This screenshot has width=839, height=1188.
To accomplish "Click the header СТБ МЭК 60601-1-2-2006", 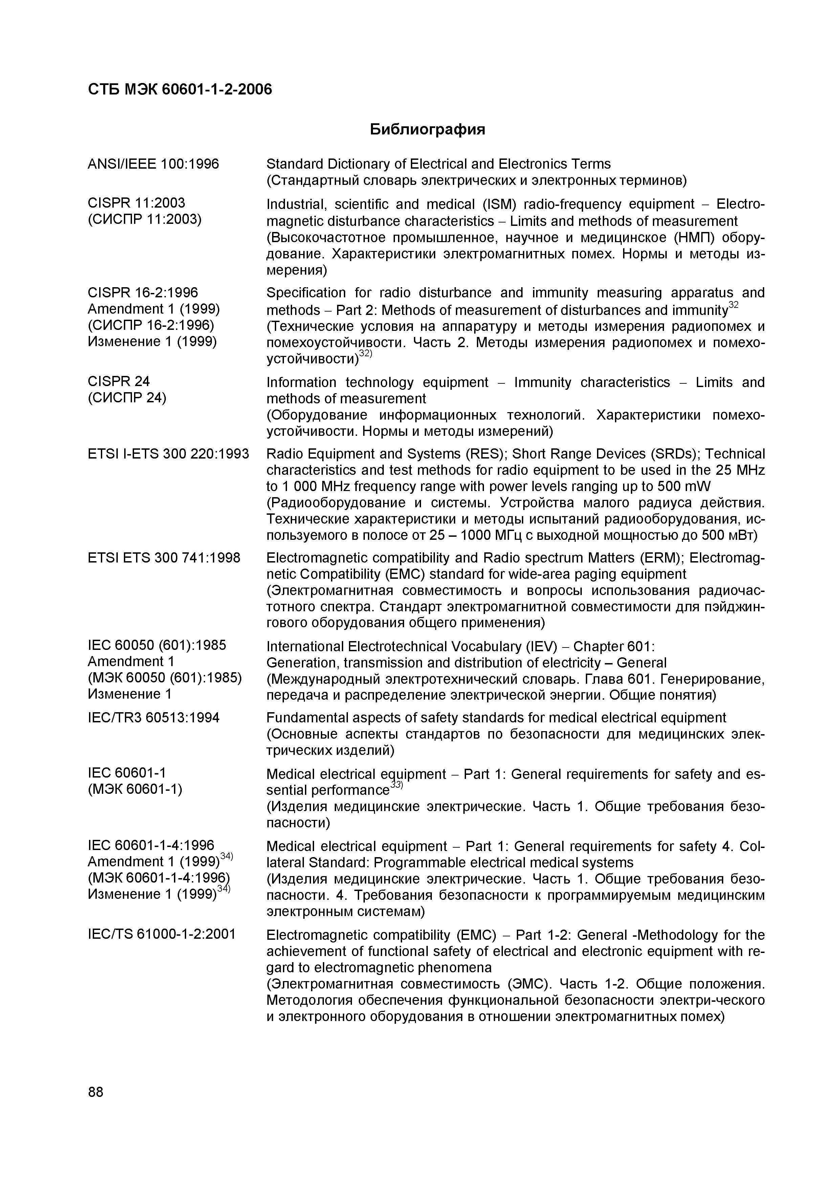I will coord(179,89).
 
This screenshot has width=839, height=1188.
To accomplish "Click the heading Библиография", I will coord(427,129).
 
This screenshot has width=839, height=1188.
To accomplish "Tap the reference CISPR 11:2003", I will coord(136,203).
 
